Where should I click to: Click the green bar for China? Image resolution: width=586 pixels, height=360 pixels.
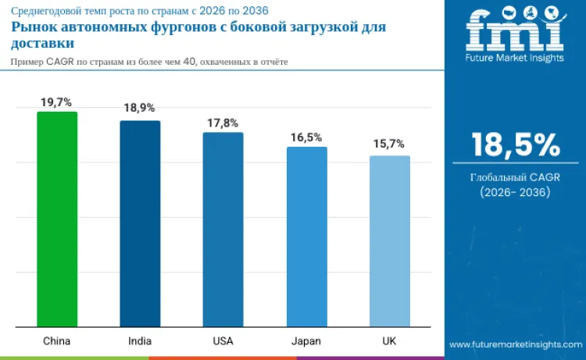[x=57, y=219]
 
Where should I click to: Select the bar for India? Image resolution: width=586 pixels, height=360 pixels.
[x=140, y=223]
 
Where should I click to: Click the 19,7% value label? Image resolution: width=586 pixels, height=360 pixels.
[x=57, y=102]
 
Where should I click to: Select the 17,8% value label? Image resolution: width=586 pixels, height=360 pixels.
[x=223, y=123]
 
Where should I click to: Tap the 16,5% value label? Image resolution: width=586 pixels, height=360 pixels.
[x=306, y=137]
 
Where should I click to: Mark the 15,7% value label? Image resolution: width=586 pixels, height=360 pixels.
[x=389, y=144]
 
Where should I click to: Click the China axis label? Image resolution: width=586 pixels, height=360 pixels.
[x=57, y=341]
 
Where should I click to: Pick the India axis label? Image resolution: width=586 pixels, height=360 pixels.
[x=140, y=341]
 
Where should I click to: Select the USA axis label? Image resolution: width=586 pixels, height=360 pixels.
[x=223, y=341]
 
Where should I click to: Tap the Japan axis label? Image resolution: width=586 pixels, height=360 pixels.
[x=306, y=341]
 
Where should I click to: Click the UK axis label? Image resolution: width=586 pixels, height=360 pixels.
[x=389, y=341]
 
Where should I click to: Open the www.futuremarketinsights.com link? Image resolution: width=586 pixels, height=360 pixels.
[x=515, y=344]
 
